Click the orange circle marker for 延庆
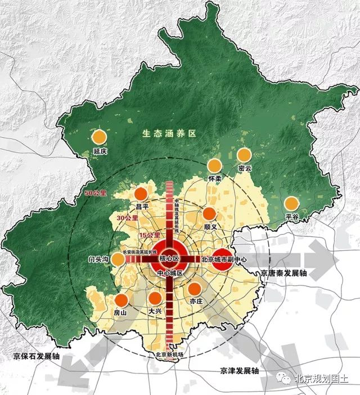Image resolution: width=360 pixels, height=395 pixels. [99, 136]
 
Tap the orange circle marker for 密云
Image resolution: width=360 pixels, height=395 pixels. [244, 154]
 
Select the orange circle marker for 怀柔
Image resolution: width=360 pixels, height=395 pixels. [214, 165]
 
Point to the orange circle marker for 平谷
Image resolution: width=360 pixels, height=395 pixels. [291, 203]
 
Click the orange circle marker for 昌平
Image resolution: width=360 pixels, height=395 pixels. [141, 194]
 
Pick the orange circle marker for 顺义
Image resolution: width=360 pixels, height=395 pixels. [209, 213]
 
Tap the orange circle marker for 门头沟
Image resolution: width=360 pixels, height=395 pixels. [118, 259]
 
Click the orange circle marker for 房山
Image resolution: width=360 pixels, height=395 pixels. [121, 300]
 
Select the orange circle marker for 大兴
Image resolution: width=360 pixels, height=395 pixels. [155, 298]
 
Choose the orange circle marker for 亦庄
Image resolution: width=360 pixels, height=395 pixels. [195, 289]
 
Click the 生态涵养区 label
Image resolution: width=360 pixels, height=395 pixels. [168, 134]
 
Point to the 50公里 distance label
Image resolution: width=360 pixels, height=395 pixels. [94, 194]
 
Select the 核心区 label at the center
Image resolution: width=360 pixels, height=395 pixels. [168, 259]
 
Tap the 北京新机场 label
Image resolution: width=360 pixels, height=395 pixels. [170, 354]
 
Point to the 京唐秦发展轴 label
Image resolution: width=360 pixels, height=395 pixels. [284, 273]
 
